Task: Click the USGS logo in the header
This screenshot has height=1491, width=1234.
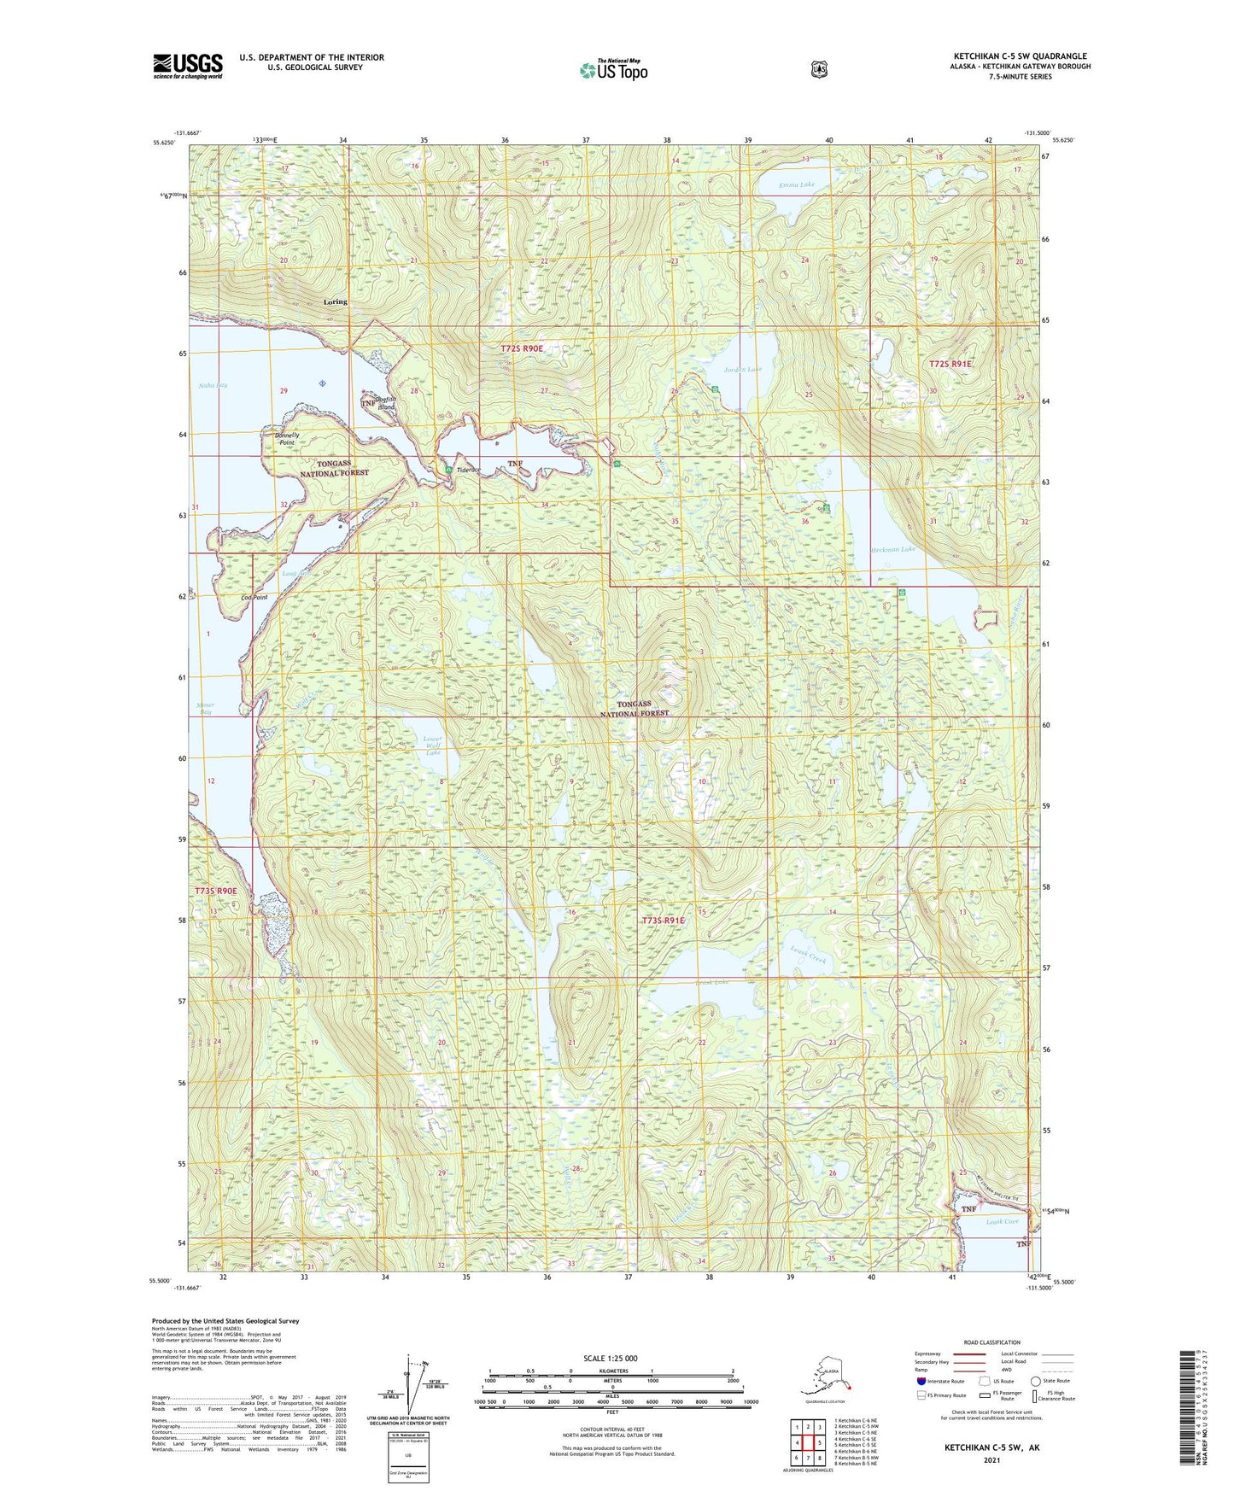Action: point(188,66)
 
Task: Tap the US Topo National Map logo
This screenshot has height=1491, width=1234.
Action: point(612,69)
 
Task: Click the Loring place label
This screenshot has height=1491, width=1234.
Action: point(336,302)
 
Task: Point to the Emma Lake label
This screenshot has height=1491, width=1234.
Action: point(797,184)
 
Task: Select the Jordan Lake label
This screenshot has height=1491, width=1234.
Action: point(742,370)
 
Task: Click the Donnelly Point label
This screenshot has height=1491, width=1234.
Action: point(286,439)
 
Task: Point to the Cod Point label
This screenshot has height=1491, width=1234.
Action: point(254,598)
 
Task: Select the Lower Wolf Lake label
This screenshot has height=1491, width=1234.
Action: point(434,745)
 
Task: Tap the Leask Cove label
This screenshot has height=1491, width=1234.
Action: point(1002,1222)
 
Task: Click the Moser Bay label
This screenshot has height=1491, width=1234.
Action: point(205,709)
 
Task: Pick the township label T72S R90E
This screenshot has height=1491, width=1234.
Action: point(522,349)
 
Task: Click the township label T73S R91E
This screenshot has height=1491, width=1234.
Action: point(664,921)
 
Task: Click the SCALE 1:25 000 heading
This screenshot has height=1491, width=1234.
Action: point(610,1359)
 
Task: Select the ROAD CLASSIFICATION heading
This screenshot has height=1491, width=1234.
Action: point(991,1342)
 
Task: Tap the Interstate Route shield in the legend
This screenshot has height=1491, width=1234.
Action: point(921,1381)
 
